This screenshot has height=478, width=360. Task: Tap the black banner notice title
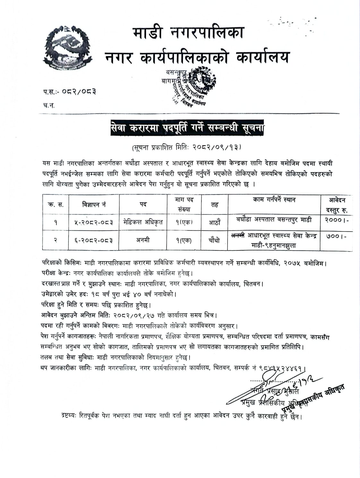[188, 128]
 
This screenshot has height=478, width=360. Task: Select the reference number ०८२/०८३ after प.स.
[79, 92]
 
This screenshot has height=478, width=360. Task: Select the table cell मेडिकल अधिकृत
[143, 222]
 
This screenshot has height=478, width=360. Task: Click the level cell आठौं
[214, 222]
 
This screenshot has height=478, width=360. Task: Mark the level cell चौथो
[214, 240]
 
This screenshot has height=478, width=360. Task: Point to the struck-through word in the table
[238, 236]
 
